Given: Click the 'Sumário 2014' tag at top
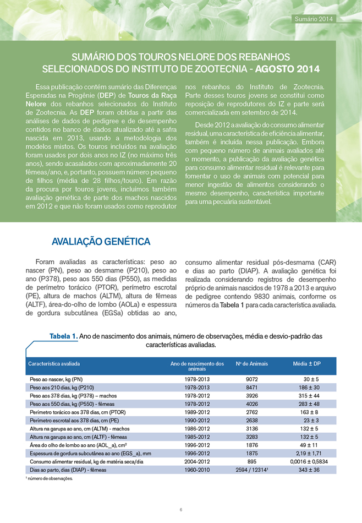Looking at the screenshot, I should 314,19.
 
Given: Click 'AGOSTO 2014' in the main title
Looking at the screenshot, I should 289,70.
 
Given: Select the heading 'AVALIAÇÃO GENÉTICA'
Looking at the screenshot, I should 101,242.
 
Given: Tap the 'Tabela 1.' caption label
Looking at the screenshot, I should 63,336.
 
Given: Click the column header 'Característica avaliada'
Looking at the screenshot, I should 54,364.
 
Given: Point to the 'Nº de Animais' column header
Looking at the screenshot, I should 251,364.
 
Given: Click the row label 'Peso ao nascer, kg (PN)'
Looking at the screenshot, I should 56,379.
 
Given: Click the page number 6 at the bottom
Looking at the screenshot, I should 180,510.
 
